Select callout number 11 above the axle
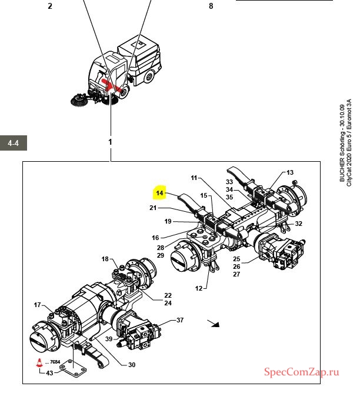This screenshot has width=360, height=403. tap(195, 178)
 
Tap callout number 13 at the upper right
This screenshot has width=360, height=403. tap(289, 172)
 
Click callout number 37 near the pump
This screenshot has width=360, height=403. tap(180, 320)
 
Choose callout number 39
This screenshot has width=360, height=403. tap(109, 339)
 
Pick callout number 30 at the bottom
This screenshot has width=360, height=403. tap(131, 365)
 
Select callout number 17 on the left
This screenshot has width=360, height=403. tap(37, 305)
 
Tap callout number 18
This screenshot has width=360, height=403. tap(105, 259)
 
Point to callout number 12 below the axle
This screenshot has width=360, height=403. tap(198, 288)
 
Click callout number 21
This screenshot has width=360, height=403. tap(153, 208)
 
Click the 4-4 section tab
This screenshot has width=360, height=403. tap(13, 143)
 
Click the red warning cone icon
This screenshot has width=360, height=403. tap(39, 363)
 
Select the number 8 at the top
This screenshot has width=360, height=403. tap(211, 6)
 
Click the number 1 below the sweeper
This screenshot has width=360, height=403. tap(110, 142)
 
